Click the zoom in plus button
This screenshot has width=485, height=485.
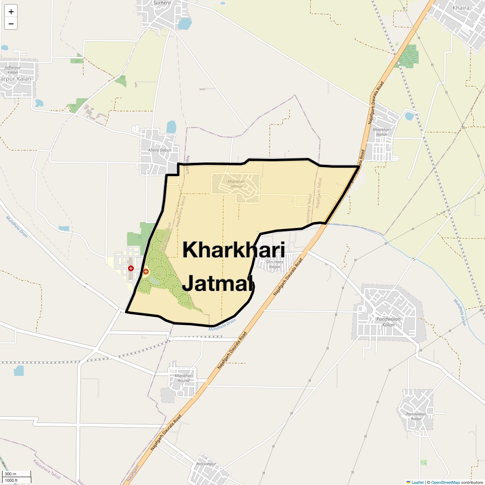pyautogui.click(x=11, y=12)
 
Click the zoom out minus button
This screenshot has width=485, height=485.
pyautogui.click(x=11, y=23)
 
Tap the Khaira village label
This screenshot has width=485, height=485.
pyautogui.click(x=461, y=8)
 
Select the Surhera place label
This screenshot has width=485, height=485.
pyautogui.click(x=162, y=3)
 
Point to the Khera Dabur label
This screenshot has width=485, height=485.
pyautogui.click(x=160, y=150)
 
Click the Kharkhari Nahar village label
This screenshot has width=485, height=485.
pyautogui.click(x=382, y=132)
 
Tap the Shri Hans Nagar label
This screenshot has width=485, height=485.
pyautogui.click(x=274, y=264)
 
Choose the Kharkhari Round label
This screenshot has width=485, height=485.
pyautogui.click(x=183, y=378)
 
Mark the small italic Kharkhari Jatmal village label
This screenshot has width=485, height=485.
pyautogui.click(x=236, y=184)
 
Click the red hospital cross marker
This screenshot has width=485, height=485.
pyautogui.click(x=131, y=268)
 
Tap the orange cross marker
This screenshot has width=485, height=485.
pyautogui.click(x=146, y=271)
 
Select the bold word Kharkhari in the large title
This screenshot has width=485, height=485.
pyautogui.click(x=234, y=250)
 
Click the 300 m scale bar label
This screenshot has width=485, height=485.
pyautogui.click(x=11, y=474)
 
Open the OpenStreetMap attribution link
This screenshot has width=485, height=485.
pyautogui.click(x=445, y=482)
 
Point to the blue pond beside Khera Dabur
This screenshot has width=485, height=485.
pyautogui.click(x=171, y=127)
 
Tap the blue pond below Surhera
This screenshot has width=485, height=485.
pyautogui.click(x=184, y=23)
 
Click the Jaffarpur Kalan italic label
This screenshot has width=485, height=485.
pyautogui.click(x=13, y=70)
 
